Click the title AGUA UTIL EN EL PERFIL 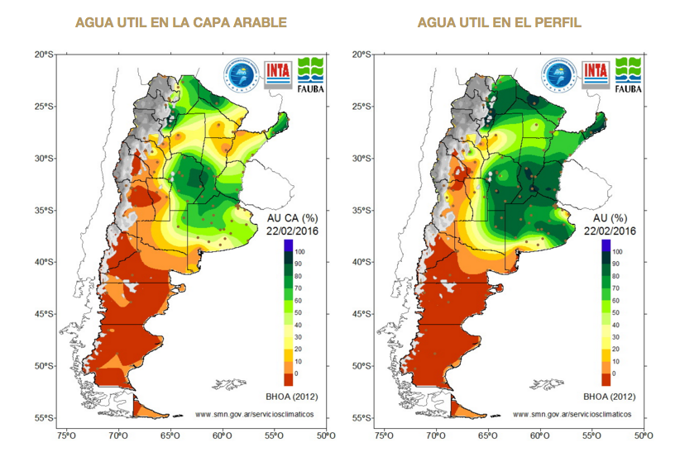tap(500, 22)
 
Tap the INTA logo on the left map tap(279, 72)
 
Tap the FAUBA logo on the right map tap(630, 73)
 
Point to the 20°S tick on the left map tap(43, 55)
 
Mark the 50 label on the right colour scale tap(617, 315)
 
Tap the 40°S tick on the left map tap(43, 262)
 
